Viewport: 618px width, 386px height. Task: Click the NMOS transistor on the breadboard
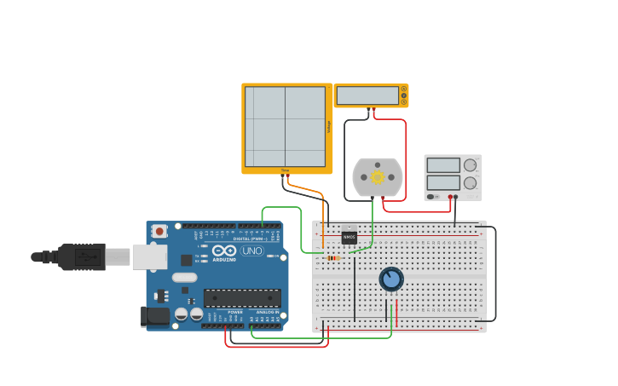click(349, 238)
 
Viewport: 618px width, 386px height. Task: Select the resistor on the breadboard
click(332, 258)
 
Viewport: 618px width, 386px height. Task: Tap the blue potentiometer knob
click(391, 279)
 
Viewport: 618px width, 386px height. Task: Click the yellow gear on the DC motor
click(377, 177)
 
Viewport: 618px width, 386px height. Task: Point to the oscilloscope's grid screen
click(285, 126)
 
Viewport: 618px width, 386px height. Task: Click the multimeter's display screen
click(367, 95)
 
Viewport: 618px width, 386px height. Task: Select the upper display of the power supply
click(443, 165)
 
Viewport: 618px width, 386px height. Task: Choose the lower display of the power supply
click(443, 182)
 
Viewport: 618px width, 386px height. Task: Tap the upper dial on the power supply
click(470, 165)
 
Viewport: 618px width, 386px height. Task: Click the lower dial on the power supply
click(470, 183)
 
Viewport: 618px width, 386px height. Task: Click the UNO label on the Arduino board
click(252, 251)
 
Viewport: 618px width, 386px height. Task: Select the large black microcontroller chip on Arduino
click(242, 297)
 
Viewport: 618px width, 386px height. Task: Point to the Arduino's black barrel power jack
click(155, 315)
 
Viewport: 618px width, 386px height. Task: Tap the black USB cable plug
click(82, 256)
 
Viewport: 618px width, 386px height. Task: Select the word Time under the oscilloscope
click(285, 170)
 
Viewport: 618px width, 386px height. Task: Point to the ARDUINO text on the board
click(224, 259)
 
